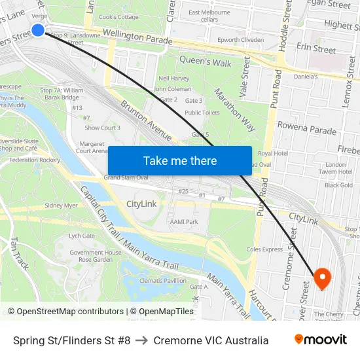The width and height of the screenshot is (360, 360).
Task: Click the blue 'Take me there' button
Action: [x=179, y=160]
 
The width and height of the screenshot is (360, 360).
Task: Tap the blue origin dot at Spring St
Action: [x=38, y=30]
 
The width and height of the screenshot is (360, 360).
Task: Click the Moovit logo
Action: [x=320, y=340]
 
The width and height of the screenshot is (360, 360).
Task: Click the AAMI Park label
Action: [x=184, y=222]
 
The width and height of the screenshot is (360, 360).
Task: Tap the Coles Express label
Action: [x=263, y=249]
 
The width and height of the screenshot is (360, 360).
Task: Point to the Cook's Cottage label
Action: [x=118, y=17]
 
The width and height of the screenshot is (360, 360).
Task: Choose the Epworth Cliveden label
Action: [x=241, y=40]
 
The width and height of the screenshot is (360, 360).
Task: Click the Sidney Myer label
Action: [x=61, y=205]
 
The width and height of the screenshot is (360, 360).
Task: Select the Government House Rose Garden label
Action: [x=96, y=256]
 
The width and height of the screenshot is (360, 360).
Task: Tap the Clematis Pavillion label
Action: [x=162, y=280]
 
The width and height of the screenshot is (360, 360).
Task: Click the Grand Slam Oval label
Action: [x=126, y=177]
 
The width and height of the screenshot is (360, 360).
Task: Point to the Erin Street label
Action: [x=315, y=49]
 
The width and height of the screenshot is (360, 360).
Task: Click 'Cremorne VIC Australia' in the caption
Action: [x=211, y=340]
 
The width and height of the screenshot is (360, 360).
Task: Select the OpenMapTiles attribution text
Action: [x=164, y=312]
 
